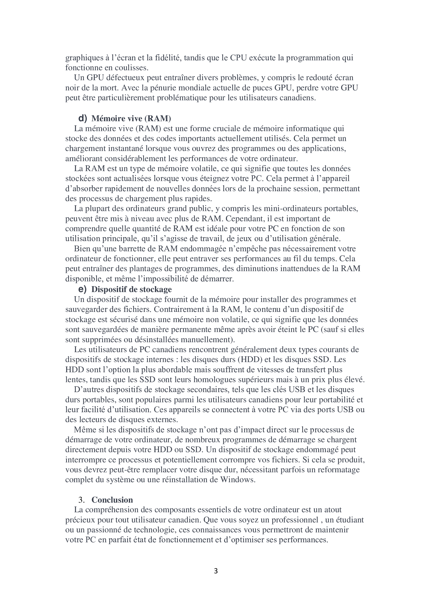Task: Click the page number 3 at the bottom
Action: click(x=216, y=571)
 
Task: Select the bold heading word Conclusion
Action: click(x=112, y=500)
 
